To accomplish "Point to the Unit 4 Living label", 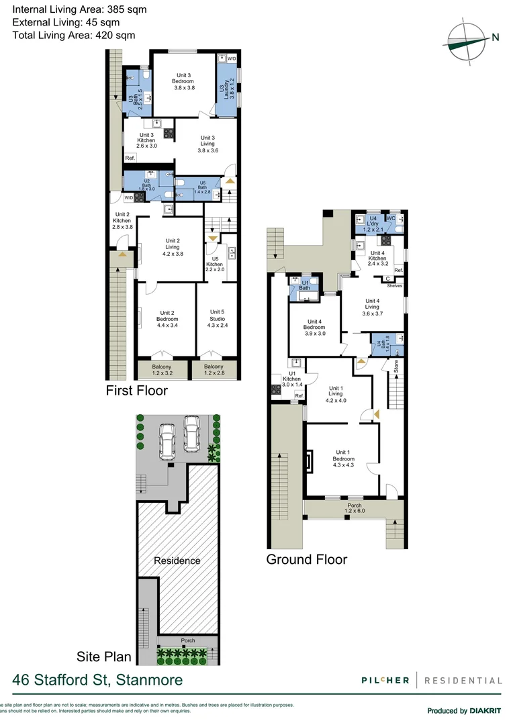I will point(372,307).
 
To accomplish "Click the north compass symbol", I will point(467,38).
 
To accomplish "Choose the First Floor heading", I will point(137,391).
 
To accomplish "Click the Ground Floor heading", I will point(307,559).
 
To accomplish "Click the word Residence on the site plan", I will point(177,561).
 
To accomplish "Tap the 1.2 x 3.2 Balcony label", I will point(162,370).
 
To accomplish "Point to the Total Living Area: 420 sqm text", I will point(74,35).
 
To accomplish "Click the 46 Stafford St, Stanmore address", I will point(97,680).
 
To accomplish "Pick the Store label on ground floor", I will point(396,367).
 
